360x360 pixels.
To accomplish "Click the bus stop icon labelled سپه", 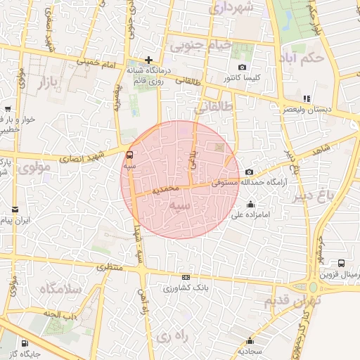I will point(129,155).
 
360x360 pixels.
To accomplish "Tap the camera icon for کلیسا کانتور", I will point(243,67).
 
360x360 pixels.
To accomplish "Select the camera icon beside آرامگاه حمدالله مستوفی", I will point(250,172).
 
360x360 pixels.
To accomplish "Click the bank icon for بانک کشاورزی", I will point(186,278).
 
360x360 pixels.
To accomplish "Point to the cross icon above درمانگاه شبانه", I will point(148,60).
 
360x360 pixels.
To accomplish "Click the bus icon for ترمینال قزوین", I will point(342,262).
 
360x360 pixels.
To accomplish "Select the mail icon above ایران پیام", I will point(15,210).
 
